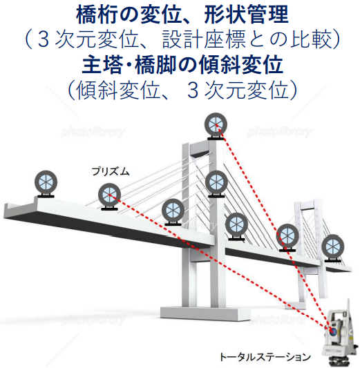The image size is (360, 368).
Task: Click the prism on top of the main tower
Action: click(216, 126)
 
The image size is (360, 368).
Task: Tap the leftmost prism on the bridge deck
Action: click(46, 184)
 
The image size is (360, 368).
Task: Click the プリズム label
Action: click(111, 171)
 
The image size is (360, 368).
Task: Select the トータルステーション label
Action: click(265, 357)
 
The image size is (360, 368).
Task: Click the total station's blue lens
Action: click(332, 331)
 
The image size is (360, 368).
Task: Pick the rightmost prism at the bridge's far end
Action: click(332, 248)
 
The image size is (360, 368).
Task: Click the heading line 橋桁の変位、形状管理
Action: click(182, 14)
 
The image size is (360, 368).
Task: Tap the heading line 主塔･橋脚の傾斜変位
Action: click(182, 65)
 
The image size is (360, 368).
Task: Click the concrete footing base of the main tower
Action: click(205, 314)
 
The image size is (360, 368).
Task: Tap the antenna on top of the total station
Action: click(348, 306)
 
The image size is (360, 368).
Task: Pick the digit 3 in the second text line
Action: click(44, 40)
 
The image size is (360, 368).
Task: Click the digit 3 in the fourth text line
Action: click(193, 91)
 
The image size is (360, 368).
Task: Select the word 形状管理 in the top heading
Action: click(246, 14)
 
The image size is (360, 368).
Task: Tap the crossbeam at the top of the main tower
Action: click(200, 149)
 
